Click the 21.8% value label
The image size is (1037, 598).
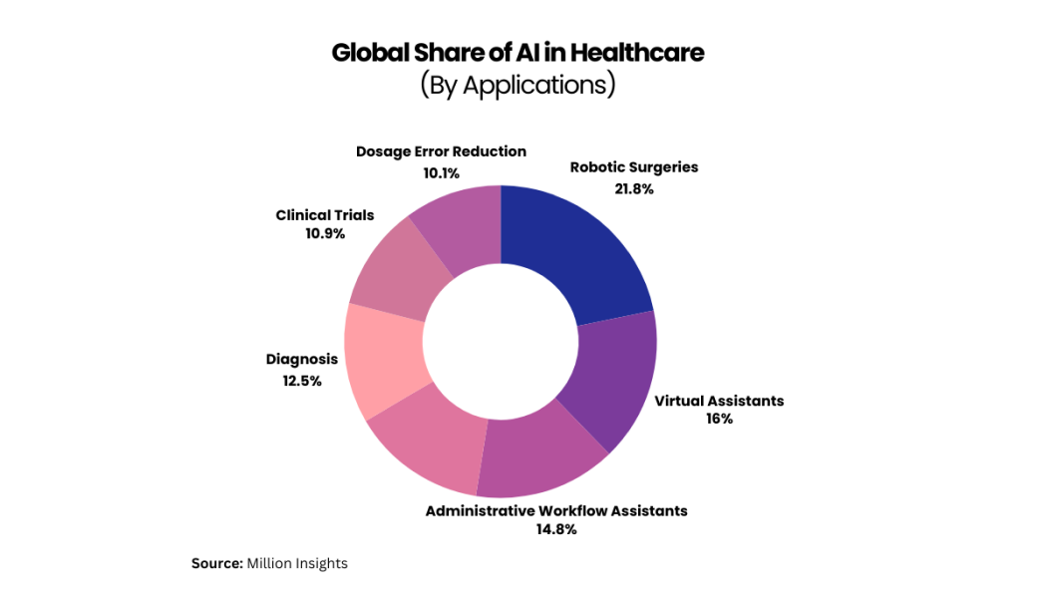coord(634,188)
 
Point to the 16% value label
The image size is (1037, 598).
coord(719,419)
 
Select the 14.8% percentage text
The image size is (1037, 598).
coord(556,529)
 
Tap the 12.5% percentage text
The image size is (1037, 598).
coord(301,380)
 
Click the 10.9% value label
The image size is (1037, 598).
coord(325,233)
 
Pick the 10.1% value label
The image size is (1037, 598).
coord(441,172)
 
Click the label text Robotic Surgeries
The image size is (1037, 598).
coord(634,167)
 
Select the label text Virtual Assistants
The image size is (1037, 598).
coord(719,401)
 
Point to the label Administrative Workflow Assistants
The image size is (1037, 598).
coord(556,510)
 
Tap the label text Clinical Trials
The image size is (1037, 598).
coord(325,215)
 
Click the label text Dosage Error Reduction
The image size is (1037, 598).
coord(441,151)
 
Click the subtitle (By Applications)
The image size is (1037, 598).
coord(518,85)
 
